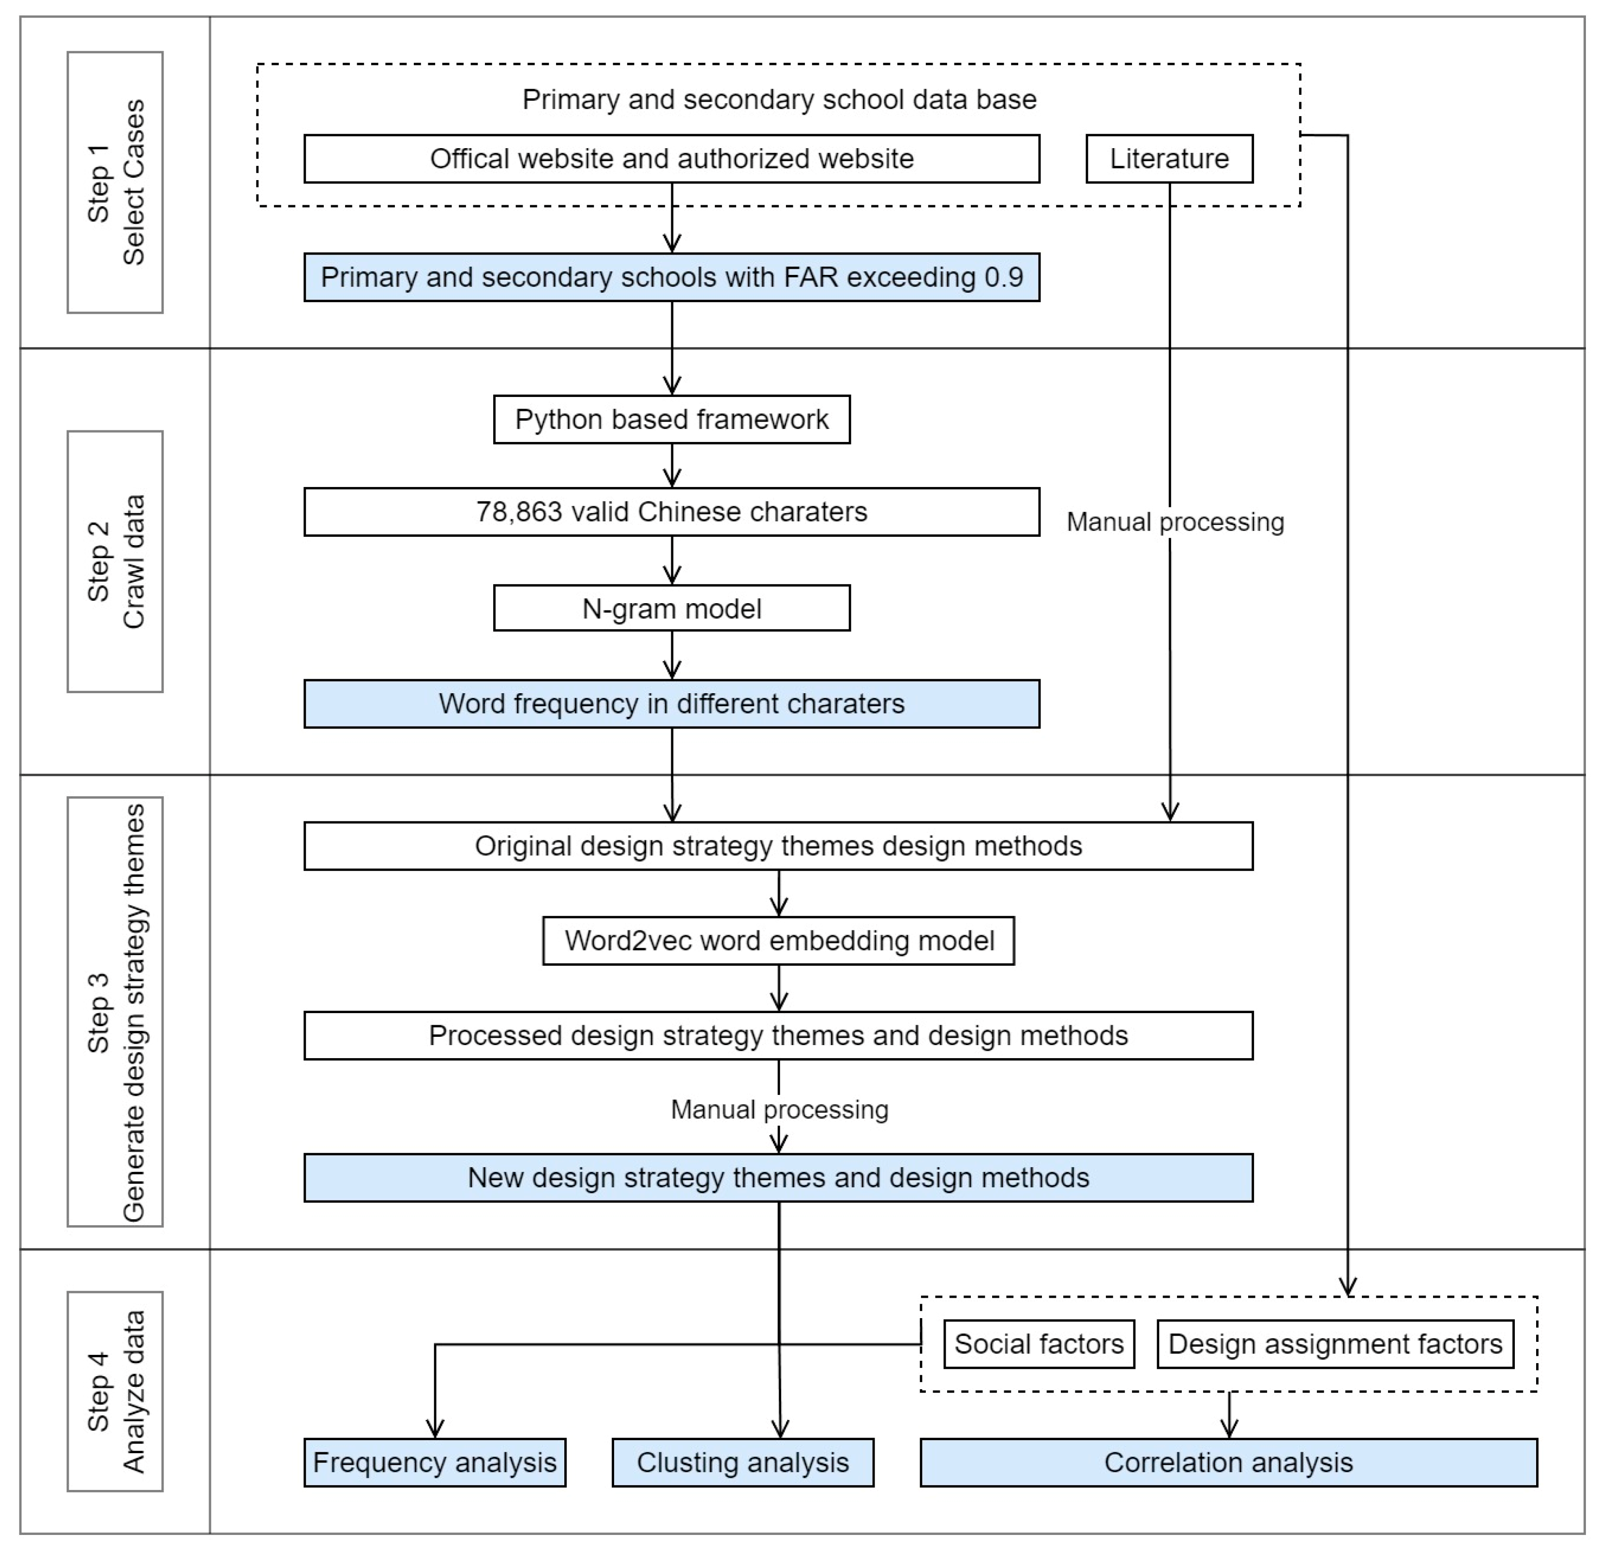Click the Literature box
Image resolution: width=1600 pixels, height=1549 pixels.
tap(1168, 158)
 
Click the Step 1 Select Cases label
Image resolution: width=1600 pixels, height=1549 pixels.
tap(115, 182)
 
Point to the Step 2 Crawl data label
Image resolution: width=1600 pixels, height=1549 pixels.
tap(115, 561)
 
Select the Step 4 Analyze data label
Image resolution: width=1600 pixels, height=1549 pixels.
tap(115, 1391)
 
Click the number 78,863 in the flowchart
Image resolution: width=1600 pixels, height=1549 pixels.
tap(519, 512)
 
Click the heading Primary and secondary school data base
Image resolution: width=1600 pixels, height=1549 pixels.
tap(779, 100)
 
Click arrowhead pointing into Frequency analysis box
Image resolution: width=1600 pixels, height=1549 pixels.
tap(435, 1428)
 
